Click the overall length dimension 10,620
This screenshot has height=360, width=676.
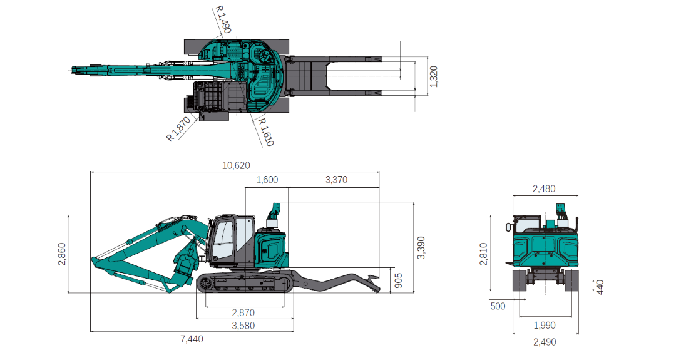(x=236, y=166)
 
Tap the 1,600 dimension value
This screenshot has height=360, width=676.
(x=267, y=180)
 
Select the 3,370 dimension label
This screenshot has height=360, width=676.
(x=337, y=180)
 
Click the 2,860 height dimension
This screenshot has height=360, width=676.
(x=61, y=253)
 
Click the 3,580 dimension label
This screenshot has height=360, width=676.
(x=243, y=326)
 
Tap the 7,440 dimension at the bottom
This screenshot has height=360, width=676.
(x=192, y=339)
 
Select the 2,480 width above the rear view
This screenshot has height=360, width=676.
(x=543, y=188)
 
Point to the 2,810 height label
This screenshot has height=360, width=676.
(x=483, y=253)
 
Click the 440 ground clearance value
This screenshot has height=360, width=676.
(x=600, y=287)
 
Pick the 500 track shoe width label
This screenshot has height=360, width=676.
(x=498, y=306)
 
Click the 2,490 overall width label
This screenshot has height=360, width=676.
(x=543, y=342)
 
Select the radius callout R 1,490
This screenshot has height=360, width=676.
(x=223, y=19)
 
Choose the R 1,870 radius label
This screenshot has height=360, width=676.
(x=178, y=129)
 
